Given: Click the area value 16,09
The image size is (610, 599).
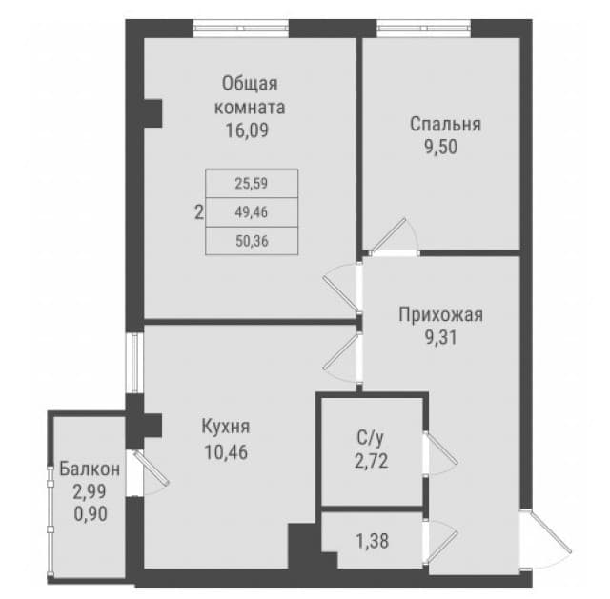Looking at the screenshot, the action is (x=247, y=130).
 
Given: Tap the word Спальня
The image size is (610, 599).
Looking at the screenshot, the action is (x=445, y=125).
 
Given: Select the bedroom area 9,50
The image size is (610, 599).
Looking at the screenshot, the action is (x=440, y=148).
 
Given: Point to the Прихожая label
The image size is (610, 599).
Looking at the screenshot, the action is (x=440, y=315).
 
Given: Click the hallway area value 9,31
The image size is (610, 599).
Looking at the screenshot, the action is (x=440, y=337).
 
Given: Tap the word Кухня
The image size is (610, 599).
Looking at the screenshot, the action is (x=226, y=427).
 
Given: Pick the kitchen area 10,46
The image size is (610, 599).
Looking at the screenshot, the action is (x=226, y=452).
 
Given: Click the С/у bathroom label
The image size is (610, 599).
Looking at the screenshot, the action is (x=371, y=438).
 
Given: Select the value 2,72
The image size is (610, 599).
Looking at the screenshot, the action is (x=371, y=462).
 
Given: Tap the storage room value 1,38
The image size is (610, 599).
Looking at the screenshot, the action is (x=373, y=541).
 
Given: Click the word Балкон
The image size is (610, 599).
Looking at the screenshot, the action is (x=90, y=469).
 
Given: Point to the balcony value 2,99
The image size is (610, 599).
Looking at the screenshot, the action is (x=90, y=491).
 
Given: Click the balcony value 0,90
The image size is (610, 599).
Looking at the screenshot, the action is (x=91, y=514).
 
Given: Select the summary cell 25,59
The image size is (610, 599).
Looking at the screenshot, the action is (x=252, y=183).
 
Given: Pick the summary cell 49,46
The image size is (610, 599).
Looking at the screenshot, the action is (x=252, y=212).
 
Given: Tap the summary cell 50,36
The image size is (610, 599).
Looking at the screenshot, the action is (x=252, y=241).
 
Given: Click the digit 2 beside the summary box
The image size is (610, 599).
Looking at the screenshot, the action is (x=199, y=213).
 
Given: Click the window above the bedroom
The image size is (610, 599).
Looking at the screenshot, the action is (x=424, y=29).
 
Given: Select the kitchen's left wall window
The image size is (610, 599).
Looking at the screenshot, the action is (x=134, y=363).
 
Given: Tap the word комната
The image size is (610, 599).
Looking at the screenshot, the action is (x=250, y=108).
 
